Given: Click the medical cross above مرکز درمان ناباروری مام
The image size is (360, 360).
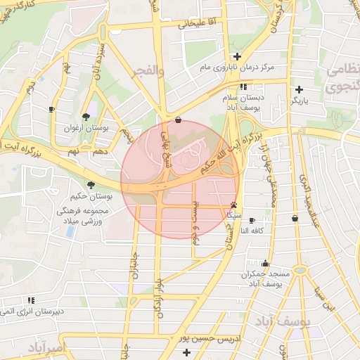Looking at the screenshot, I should tap(238, 56).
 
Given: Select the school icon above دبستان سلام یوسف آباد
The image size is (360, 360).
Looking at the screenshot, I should tap(243, 86).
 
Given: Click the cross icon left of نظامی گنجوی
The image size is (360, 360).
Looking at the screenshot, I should tap(300, 89).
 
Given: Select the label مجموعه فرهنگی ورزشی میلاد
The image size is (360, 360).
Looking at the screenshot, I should tap(82, 216).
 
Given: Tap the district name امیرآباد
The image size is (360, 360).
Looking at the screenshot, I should tap(46, 347).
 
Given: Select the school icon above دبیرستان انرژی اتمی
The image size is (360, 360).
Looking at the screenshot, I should tap(31, 300).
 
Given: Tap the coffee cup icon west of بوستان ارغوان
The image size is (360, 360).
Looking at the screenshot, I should tap(51, 109).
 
